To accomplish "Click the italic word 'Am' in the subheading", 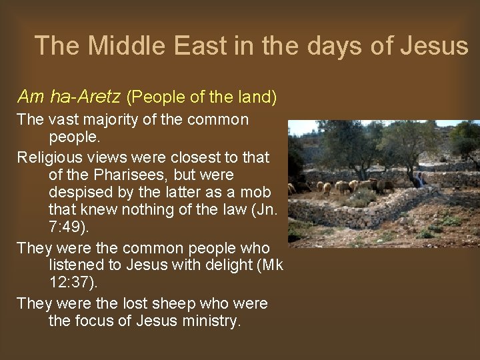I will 30,97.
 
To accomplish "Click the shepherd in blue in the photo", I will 420,179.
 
